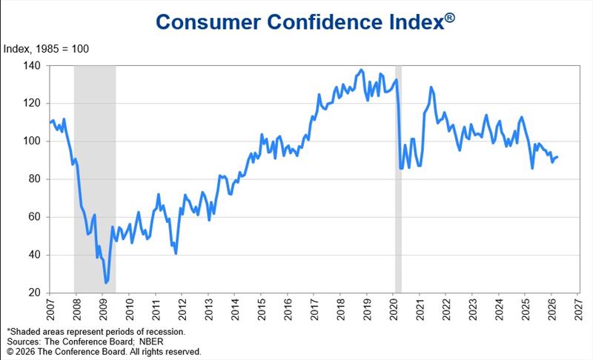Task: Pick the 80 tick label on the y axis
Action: pos(33,179)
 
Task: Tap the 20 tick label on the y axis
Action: pos(33,293)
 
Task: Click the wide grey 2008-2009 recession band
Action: pos(94,178)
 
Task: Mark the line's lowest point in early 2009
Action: pos(106,283)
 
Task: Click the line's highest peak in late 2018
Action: pos(361,70)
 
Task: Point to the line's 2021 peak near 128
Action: pos(431,87)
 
